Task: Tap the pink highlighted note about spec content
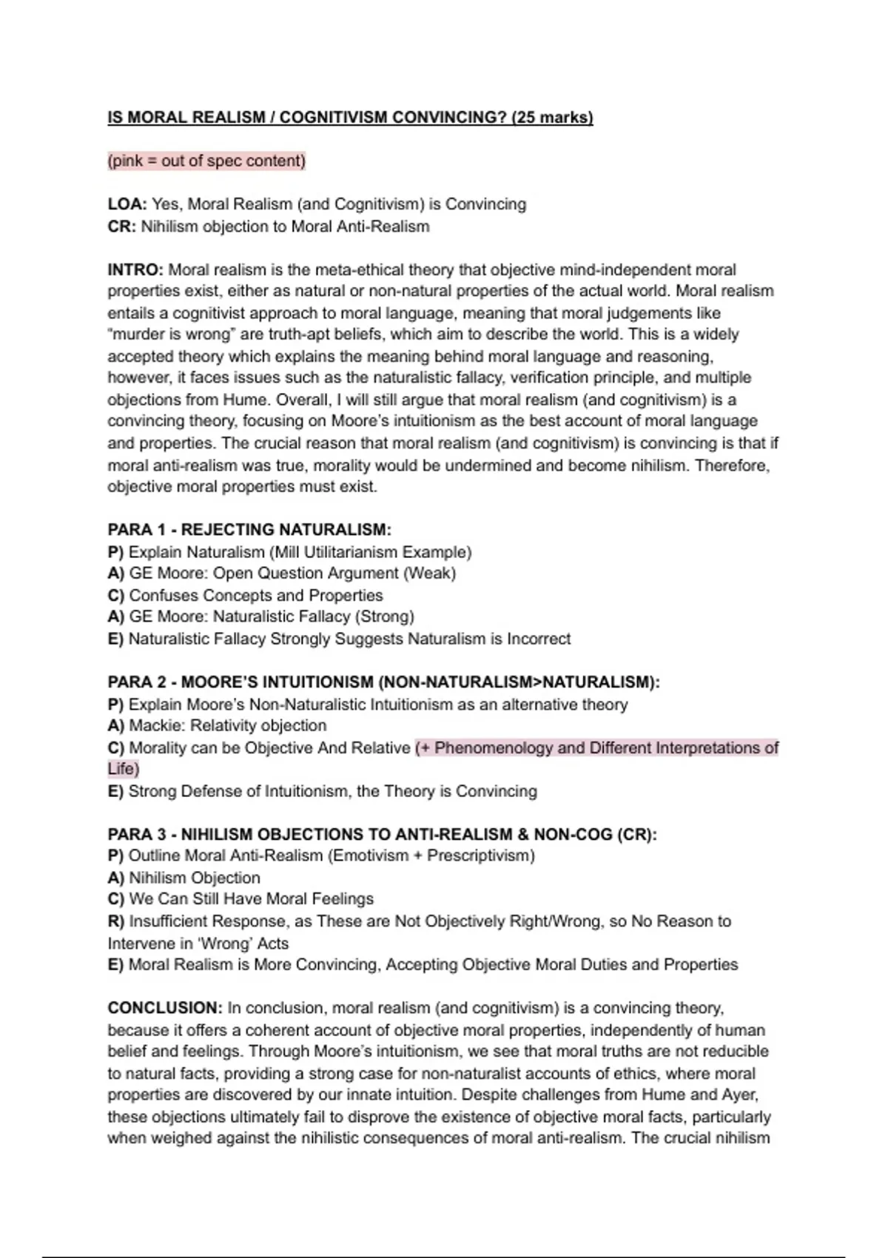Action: point(206,161)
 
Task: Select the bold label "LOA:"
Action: point(127,204)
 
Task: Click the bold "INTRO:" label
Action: point(135,269)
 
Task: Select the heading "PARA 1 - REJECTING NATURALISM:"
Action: point(249,530)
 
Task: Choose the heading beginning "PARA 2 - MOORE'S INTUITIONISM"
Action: point(383,682)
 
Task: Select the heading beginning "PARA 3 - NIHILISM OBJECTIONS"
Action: point(382,834)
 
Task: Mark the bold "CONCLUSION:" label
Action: point(164,1008)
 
